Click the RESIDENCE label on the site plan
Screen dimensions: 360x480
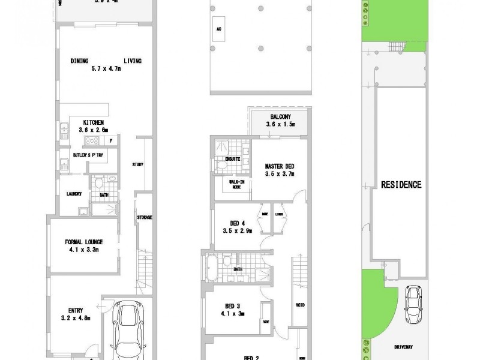401,185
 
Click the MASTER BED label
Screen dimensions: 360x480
281,166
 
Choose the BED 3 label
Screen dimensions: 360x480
233,305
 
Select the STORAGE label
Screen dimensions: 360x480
144,217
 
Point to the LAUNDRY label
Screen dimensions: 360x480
74,193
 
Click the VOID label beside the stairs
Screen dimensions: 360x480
300,304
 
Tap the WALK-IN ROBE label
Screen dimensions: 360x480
236,184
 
